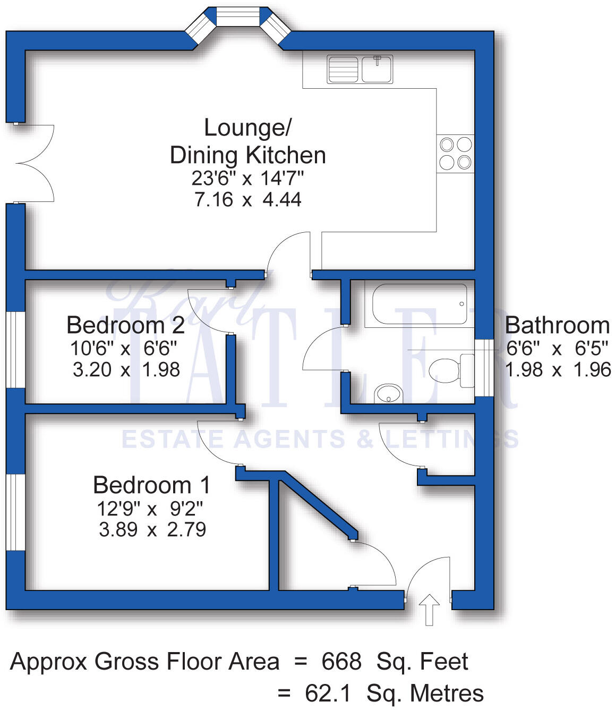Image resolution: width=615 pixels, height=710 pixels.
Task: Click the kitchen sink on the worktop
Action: click(360, 69)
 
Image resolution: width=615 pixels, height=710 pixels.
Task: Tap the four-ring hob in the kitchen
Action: click(455, 153)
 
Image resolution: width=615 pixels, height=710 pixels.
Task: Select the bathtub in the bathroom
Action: click(420, 304)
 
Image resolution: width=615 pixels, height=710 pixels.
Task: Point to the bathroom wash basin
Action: click(389, 394)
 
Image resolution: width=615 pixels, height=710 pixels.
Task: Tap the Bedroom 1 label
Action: click(151, 485)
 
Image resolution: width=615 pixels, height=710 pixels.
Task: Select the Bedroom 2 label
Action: click(125, 325)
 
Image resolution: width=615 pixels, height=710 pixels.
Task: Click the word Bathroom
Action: click(557, 325)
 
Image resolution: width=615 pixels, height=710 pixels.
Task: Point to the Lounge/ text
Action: click(247, 128)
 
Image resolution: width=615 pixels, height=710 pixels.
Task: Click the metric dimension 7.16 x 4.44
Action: click(247, 200)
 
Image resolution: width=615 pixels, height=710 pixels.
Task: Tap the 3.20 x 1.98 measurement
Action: click(126, 369)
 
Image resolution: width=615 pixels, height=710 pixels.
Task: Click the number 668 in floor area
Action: click(341, 662)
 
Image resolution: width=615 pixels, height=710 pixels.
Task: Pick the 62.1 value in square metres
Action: click(328, 694)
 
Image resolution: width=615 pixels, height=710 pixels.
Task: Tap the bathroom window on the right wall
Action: click(484, 368)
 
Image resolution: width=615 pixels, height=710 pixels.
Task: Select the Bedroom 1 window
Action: click(16, 512)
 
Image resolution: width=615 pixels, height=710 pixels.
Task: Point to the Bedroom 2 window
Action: click(16, 349)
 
